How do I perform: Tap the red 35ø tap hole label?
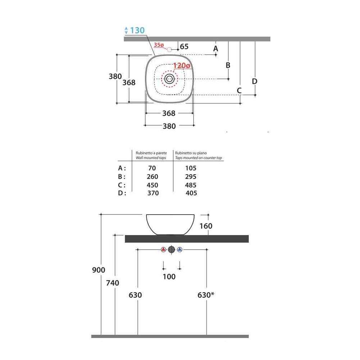click(x=159, y=45)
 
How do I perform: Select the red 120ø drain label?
click(x=181, y=66)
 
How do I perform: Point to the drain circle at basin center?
click(x=170, y=79)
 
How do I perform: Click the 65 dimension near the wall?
click(x=184, y=46)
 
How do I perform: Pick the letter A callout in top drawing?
click(x=215, y=49)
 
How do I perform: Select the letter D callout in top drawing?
click(x=255, y=81)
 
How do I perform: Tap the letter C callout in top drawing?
click(x=239, y=90)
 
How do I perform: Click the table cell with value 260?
click(x=152, y=176)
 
